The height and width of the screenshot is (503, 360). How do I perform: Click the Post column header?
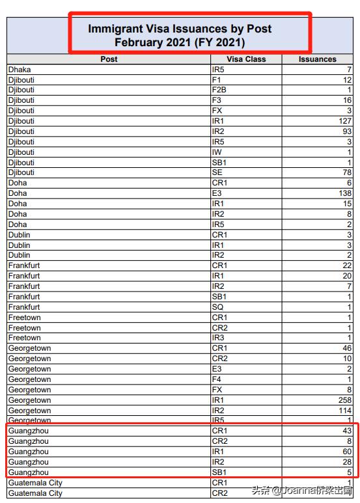point(109,59)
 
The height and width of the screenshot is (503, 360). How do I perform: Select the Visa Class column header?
point(246,59)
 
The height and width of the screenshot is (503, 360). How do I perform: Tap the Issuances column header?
point(318,59)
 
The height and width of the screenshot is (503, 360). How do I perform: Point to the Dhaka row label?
point(20,70)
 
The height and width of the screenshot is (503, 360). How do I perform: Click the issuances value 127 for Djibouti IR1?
point(345,121)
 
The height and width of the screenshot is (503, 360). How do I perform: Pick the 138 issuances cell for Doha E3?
point(345,193)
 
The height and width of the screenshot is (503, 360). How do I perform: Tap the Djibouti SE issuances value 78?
point(347,172)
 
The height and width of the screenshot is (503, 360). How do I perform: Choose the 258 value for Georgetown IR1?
point(345,400)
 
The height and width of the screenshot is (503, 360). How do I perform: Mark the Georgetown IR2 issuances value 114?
point(345,411)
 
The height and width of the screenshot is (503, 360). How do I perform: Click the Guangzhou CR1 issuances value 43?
point(347,431)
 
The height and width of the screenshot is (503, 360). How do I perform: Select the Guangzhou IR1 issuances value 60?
point(347,452)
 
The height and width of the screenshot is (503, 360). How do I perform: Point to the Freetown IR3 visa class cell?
point(218,338)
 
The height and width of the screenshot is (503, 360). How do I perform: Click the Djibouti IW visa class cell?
point(217,152)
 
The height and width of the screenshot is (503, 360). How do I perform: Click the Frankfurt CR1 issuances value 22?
point(347,265)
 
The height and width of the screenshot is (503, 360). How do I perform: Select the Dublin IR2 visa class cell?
point(218,255)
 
